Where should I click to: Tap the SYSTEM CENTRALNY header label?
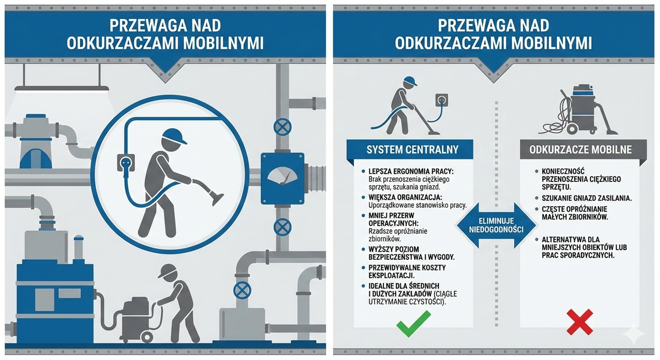coord(412,149)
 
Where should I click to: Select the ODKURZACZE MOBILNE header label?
coord(580,149)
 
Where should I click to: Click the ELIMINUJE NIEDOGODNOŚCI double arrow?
coord(496,225)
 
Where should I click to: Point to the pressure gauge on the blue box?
coord(282,176)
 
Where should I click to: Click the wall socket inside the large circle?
coord(126,163)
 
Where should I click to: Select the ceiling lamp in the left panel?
coord(62,88)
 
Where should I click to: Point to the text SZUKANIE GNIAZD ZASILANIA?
coord(587,198)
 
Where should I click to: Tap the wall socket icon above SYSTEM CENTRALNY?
coord(441,101)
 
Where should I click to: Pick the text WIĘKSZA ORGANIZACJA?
coord(405,197)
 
